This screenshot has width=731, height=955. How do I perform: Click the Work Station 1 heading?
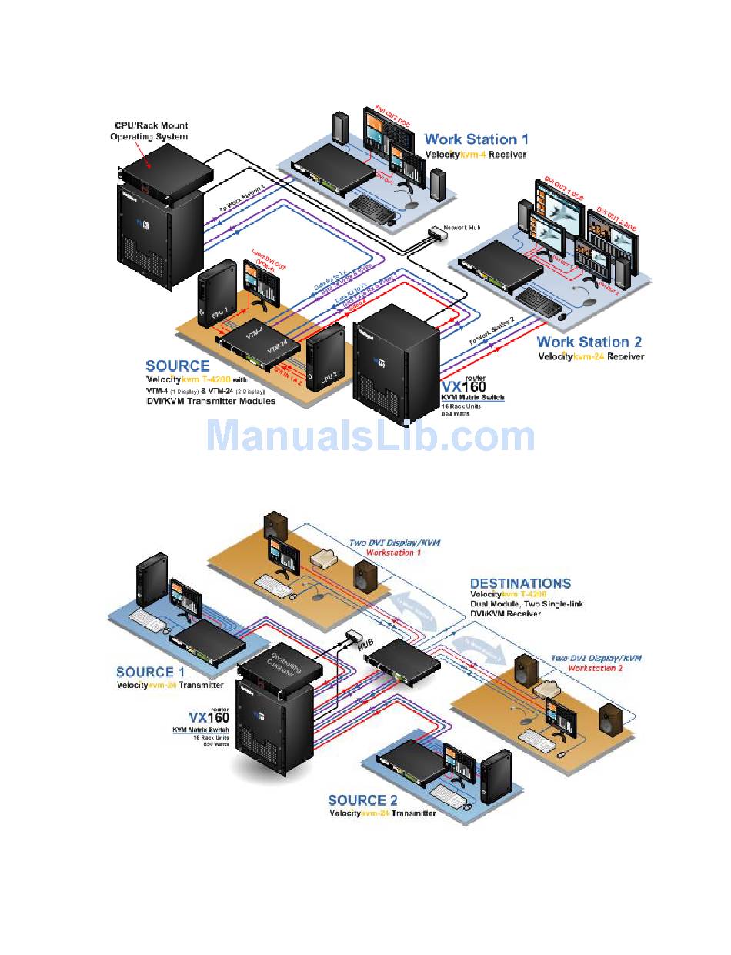point(476,139)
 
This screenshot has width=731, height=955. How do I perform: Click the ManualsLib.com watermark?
point(370,436)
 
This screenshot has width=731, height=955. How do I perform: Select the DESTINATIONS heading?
point(520,583)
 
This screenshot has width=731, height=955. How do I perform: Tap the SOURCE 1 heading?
point(156,672)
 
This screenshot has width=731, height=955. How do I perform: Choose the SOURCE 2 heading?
point(368,800)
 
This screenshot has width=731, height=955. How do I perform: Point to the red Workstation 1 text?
point(393,553)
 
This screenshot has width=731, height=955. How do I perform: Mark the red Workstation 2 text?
point(596,668)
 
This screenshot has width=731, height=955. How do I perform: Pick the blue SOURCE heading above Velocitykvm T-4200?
point(177,366)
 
